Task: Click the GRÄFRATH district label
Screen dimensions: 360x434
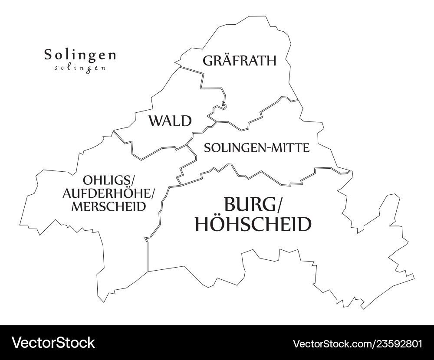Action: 239,60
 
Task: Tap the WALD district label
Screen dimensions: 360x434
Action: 170,121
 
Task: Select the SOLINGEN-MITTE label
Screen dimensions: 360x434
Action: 256,148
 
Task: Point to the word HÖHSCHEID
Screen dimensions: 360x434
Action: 253,224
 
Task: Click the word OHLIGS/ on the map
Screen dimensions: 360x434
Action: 109,179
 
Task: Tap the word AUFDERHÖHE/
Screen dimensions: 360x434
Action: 109,193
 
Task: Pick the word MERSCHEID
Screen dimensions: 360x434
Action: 108,206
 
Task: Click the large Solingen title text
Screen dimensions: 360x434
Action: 80,55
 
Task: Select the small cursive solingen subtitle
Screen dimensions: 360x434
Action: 80,68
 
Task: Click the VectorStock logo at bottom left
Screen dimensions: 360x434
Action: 53,343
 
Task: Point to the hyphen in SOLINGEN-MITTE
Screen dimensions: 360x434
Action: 269,148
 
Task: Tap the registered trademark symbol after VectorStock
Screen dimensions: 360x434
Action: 98,339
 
